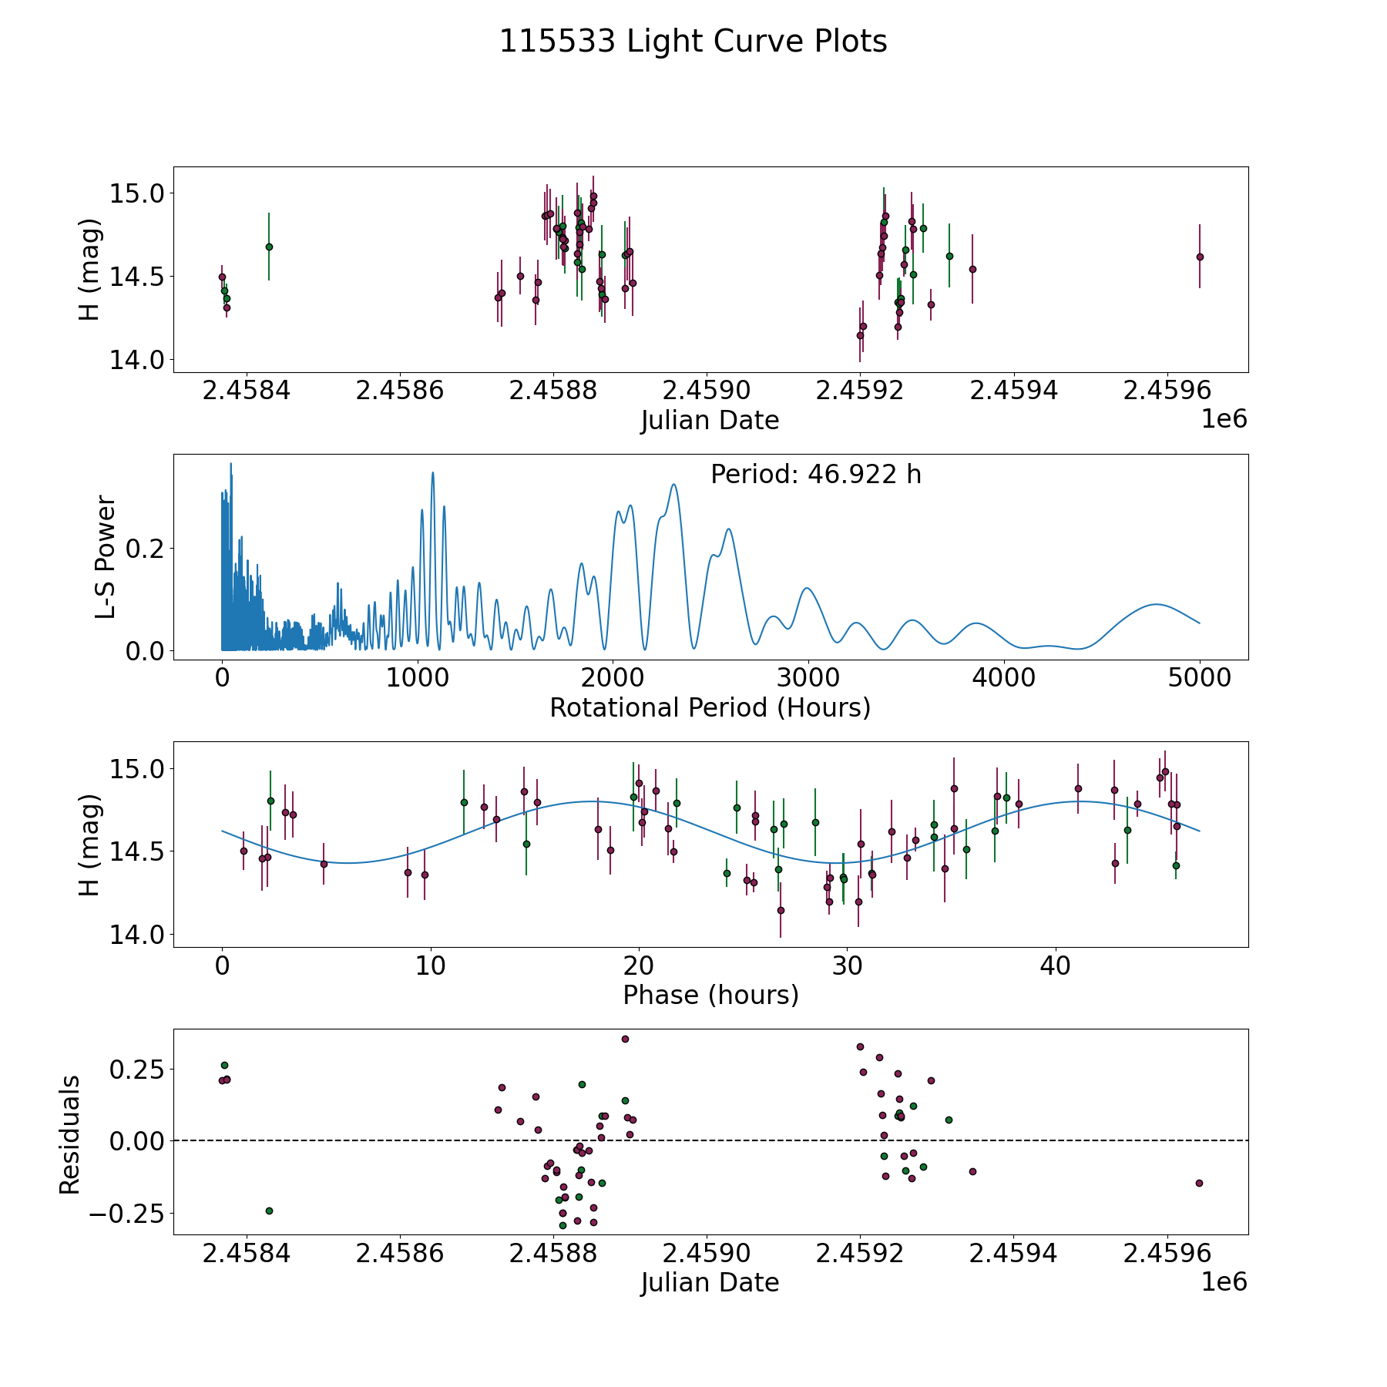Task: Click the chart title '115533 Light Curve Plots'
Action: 693,42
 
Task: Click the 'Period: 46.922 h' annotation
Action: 815,475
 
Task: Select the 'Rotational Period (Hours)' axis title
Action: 710,707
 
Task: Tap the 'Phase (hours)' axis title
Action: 710,995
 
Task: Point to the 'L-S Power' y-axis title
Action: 106,556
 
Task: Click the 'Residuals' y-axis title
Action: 70,1134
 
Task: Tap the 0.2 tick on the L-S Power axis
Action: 146,549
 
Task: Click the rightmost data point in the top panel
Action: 1200,257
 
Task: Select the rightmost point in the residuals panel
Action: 1199,1183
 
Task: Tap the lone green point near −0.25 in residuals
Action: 269,1211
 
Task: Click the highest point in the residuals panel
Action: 625,1039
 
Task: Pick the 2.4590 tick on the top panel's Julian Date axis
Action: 707,391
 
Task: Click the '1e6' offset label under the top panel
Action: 1224,419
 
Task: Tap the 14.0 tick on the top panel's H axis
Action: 131,360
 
